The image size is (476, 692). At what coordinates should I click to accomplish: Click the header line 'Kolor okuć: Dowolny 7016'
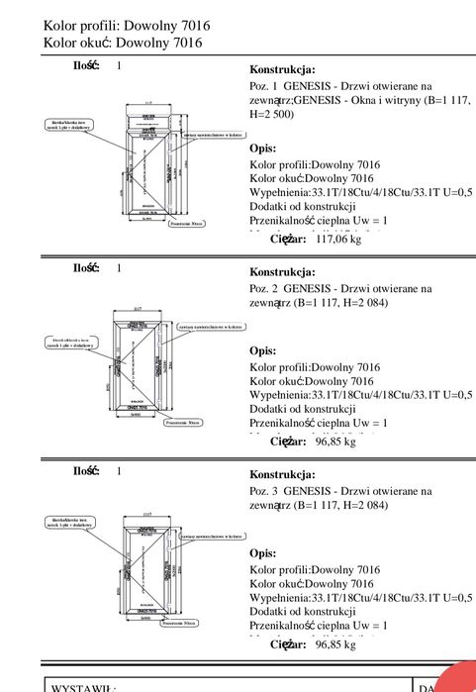pyautogui.click(x=123, y=43)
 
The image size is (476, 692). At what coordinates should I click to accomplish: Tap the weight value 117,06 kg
pyautogui.click(x=338, y=239)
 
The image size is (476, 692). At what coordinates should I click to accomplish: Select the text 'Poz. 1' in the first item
pyautogui.click(x=265, y=86)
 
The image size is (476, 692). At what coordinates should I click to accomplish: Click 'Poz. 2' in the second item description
pyautogui.click(x=265, y=288)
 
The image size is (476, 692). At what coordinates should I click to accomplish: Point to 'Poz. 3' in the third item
pyautogui.click(x=265, y=490)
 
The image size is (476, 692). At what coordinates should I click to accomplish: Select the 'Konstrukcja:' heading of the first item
pyautogui.click(x=282, y=70)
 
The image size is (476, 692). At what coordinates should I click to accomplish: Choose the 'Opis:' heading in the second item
pyautogui.click(x=262, y=350)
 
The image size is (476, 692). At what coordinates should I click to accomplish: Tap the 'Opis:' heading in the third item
pyautogui.click(x=262, y=553)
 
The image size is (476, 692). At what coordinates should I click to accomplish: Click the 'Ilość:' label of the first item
pyautogui.click(x=86, y=65)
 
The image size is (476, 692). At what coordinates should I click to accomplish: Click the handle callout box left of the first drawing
pyautogui.click(x=74, y=125)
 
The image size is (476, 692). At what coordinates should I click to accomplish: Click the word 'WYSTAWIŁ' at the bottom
pyautogui.click(x=84, y=686)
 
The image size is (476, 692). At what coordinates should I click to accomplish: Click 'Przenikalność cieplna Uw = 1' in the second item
pyautogui.click(x=318, y=423)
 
